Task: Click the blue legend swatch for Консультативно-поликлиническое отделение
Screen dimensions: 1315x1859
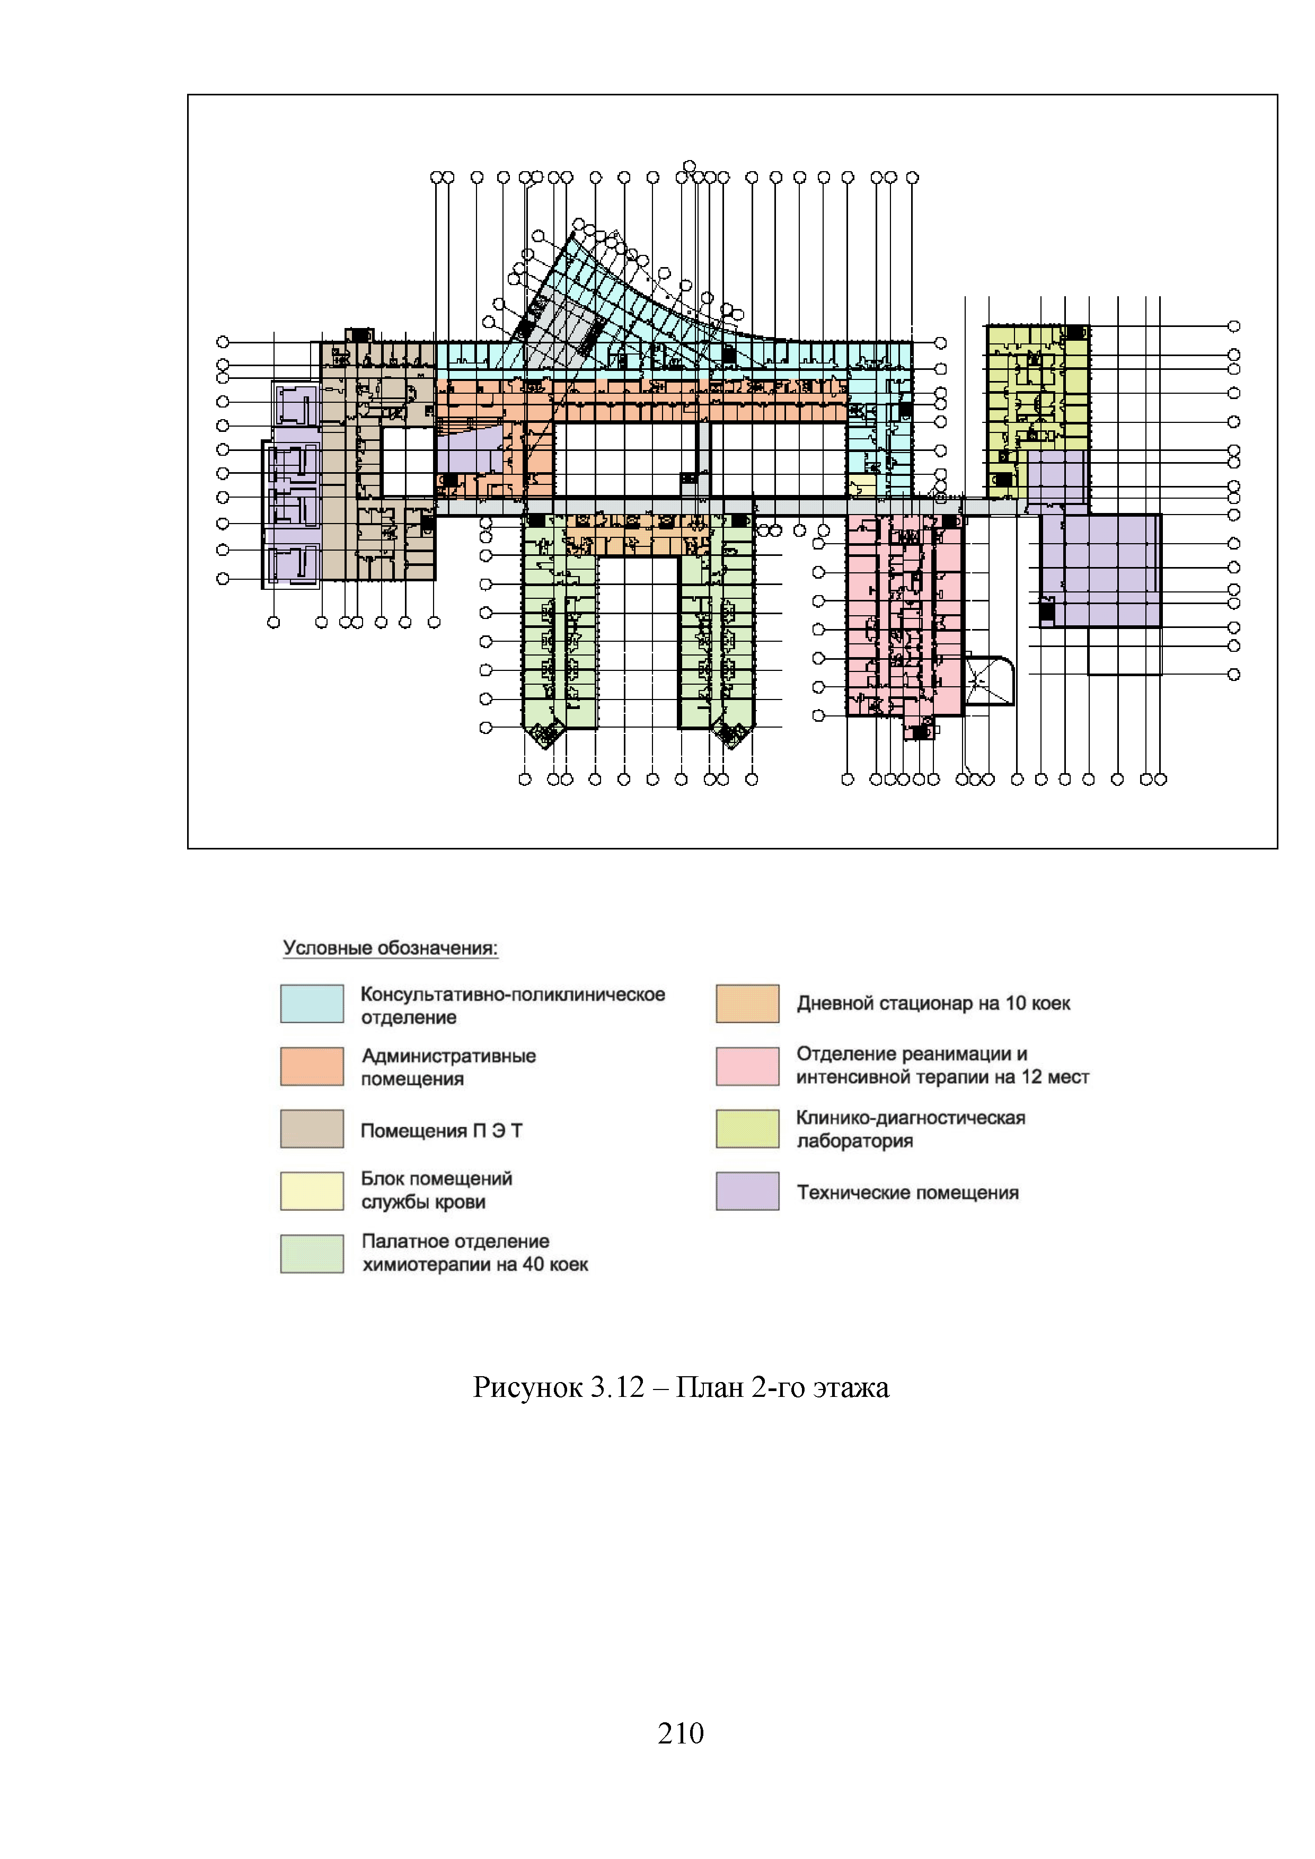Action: [x=312, y=1003]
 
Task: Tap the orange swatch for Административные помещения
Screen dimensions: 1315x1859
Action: [x=312, y=1066]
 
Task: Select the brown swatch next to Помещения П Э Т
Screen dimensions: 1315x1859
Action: [x=312, y=1128]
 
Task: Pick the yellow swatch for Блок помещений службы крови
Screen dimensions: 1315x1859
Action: [x=312, y=1190]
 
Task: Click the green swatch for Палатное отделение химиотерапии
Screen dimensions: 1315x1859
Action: [x=312, y=1253]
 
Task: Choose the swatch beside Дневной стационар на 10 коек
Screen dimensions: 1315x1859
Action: [x=747, y=1003]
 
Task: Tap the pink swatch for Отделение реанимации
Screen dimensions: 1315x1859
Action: [x=747, y=1066]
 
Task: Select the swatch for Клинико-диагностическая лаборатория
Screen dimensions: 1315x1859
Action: [x=747, y=1128]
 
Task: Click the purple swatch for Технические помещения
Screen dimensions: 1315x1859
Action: [x=747, y=1190]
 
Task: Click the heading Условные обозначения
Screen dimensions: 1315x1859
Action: [x=390, y=948]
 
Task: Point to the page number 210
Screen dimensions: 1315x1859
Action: [x=680, y=1733]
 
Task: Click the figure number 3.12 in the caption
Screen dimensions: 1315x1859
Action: [x=617, y=1387]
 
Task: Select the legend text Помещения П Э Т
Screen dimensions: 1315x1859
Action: [x=442, y=1130]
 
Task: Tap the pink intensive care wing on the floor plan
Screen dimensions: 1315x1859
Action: [x=904, y=615]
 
